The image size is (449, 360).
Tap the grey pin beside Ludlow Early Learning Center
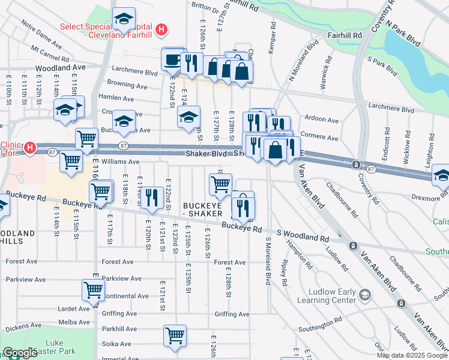[x=365, y=294]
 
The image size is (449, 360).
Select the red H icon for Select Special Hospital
[x=160, y=29]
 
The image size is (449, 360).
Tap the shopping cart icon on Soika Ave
[x=175, y=335]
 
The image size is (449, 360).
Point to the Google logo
[x=19, y=353]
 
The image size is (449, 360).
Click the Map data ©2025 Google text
[x=412, y=355]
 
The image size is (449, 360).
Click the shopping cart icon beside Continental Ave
[x=94, y=290]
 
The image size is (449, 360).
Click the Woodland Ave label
[x=60, y=68]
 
